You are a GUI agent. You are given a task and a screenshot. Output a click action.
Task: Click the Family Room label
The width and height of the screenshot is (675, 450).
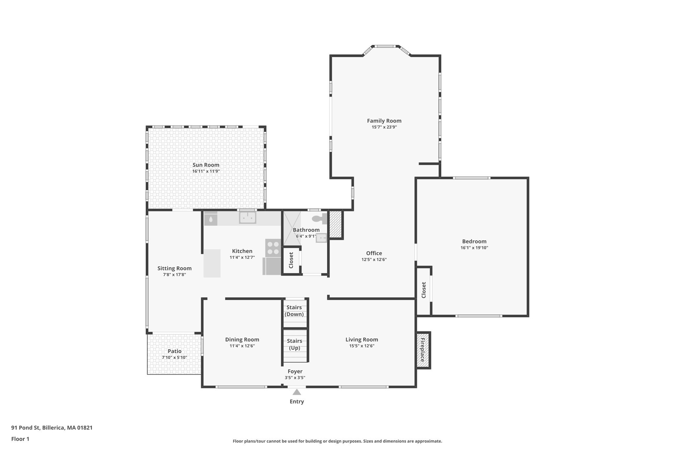tap(384, 121)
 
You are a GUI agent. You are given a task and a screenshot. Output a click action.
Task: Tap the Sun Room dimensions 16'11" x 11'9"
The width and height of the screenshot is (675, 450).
tap(206, 171)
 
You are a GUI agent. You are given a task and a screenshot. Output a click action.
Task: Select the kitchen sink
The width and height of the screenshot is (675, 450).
tap(248, 218)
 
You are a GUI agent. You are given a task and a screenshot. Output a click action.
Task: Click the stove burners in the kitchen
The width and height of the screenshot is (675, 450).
tap(273, 248)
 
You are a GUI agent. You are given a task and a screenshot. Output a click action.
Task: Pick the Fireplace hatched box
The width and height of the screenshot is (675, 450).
tap(423, 350)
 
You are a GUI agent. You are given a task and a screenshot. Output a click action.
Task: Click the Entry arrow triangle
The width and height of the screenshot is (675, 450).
tap(297, 392)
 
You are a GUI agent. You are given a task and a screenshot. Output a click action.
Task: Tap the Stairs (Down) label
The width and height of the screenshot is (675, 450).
tap(294, 311)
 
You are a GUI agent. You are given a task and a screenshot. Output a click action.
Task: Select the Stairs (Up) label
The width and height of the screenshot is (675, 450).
tap(294, 344)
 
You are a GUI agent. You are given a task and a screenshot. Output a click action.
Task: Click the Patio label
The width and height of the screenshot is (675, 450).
tap(174, 351)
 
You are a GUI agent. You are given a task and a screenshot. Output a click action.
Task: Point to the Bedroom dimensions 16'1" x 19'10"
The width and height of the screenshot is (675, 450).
tap(474, 248)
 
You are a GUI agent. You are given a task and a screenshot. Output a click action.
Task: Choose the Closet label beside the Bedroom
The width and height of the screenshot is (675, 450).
tap(424, 290)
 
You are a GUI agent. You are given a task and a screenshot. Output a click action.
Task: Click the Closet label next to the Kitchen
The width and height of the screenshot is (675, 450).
tap(291, 260)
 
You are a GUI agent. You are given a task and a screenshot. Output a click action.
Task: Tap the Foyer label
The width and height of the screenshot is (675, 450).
tap(295, 371)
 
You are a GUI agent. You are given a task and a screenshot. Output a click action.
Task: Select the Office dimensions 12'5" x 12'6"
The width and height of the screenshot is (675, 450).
tap(374, 260)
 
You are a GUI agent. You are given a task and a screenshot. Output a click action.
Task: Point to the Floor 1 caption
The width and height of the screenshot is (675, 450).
tap(20, 439)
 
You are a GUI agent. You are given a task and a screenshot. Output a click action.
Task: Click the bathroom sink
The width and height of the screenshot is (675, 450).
tap(321, 238)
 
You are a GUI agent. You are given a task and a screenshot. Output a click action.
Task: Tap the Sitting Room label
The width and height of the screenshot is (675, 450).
tap(174, 268)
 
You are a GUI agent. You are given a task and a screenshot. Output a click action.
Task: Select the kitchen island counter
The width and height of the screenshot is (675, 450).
tap(212, 263)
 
